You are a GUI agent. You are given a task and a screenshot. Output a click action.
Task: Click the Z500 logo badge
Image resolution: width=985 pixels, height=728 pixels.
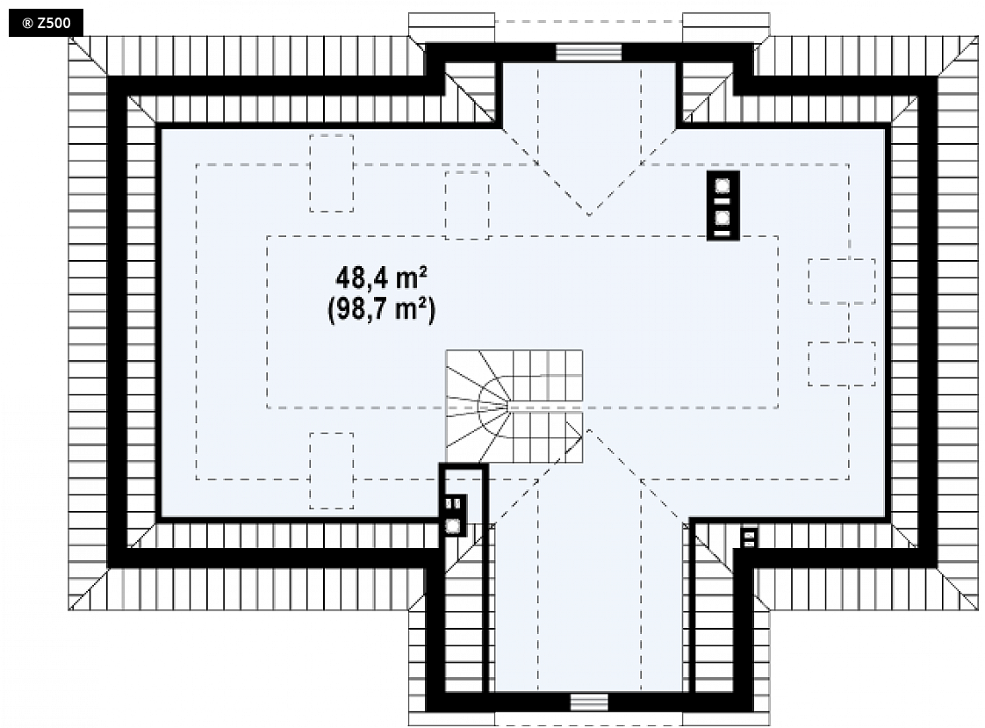(46, 23)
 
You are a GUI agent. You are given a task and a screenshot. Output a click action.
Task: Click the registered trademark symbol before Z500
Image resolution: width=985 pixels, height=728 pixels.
(27, 24)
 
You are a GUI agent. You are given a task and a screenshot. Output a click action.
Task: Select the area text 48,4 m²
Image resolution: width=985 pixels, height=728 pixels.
(381, 277)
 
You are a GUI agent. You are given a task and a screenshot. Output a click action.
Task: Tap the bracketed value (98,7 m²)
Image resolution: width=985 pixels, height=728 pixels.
(381, 309)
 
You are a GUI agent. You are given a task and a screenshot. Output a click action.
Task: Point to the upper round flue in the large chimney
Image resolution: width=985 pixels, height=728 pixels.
(723, 186)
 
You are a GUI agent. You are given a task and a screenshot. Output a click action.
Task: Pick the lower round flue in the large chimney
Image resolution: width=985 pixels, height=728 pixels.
(723, 218)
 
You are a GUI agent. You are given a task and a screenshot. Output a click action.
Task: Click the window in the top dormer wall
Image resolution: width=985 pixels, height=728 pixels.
(588, 52)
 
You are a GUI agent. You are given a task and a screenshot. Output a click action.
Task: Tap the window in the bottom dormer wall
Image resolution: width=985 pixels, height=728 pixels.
(589, 703)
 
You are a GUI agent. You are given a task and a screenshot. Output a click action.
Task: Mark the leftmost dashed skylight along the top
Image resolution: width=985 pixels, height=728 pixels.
(332, 173)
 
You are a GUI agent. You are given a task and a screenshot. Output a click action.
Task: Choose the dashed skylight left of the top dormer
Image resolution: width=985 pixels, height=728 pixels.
(467, 205)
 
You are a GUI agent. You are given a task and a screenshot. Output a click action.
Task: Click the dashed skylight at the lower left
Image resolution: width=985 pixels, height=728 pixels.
(332, 471)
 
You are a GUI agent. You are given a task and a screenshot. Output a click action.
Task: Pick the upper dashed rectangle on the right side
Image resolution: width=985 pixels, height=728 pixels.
(842, 281)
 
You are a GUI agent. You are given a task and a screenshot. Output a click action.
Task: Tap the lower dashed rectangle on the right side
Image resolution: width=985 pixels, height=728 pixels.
(842, 364)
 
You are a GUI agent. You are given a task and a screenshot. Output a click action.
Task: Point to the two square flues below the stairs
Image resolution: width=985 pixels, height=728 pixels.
(453, 503)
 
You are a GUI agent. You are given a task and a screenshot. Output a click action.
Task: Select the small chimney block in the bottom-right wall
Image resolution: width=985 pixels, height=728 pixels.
(749, 537)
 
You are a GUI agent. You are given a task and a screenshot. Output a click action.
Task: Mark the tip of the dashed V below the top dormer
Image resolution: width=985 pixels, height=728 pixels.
(588, 215)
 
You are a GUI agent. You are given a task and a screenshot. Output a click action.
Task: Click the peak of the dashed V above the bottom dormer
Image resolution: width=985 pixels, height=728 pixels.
(588, 430)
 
